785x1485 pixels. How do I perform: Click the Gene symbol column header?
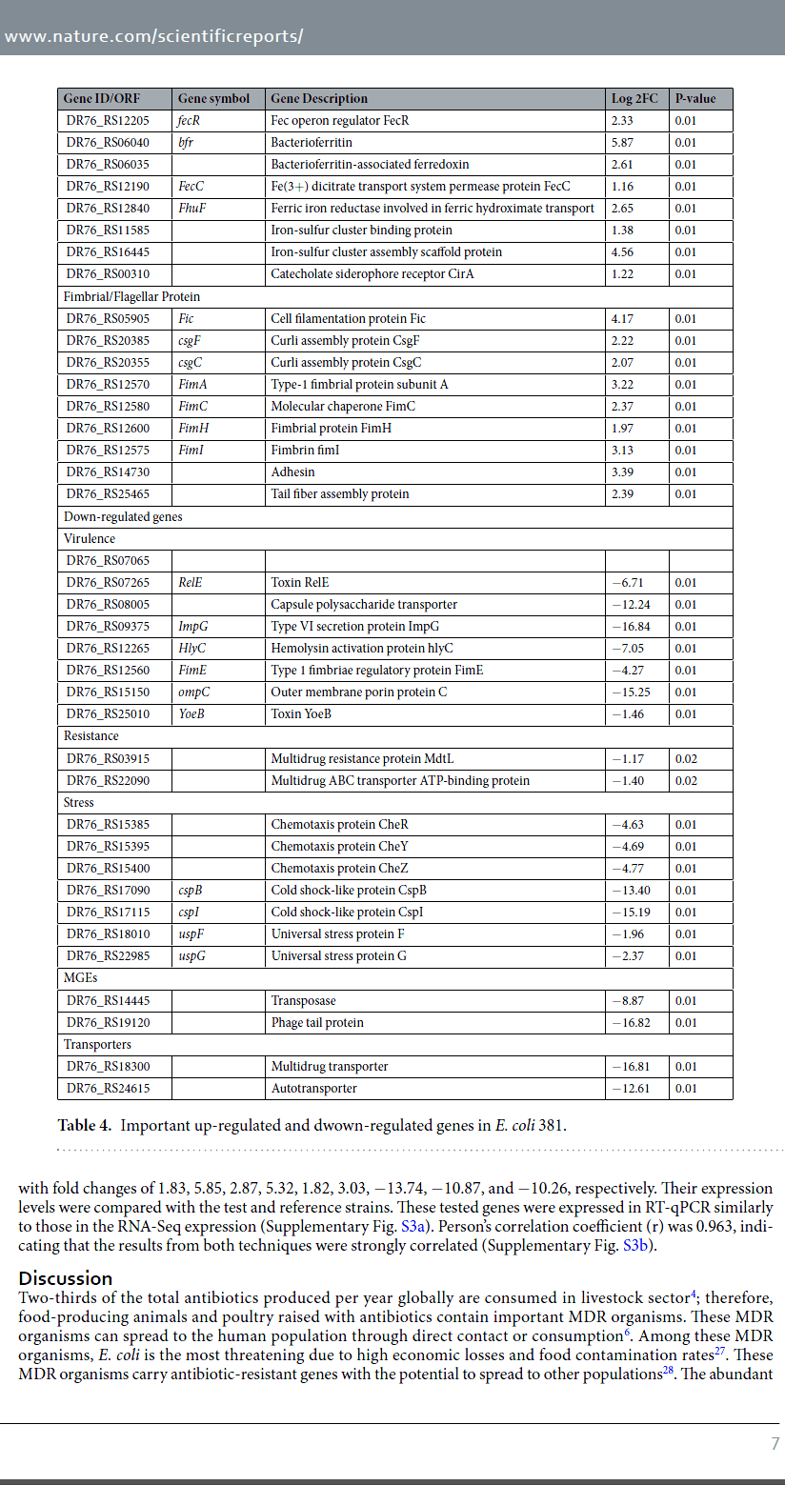[x=213, y=98]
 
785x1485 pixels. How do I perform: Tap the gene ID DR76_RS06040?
[x=108, y=142]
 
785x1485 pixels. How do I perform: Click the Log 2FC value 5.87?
[x=621, y=142]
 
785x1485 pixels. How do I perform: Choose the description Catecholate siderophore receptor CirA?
[x=372, y=273]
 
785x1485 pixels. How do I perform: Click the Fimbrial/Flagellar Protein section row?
[x=131, y=296]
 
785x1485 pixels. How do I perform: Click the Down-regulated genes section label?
[x=122, y=516]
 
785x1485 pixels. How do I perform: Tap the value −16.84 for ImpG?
[x=629, y=626]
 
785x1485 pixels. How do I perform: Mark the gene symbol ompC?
[x=192, y=692]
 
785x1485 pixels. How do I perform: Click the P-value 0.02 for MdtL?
[x=685, y=758]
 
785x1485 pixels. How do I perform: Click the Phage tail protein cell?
[x=317, y=1022]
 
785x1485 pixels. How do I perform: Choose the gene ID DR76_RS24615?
[x=108, y=1088]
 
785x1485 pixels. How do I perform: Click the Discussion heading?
[x=66, y=1277]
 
